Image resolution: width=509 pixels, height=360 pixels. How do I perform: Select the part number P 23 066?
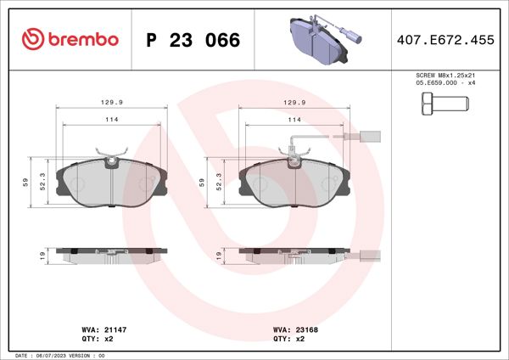(x=193, y=40)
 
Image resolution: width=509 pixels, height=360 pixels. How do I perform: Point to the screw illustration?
(x=443, y=106)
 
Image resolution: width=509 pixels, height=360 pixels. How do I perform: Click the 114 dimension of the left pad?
(x=111, y=121)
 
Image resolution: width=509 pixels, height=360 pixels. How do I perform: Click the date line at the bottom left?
(x=59, y=355)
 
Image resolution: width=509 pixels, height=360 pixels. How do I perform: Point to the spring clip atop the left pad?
(x=111, y=158)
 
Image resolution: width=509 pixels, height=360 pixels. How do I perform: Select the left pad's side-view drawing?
(x=111, y=254)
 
